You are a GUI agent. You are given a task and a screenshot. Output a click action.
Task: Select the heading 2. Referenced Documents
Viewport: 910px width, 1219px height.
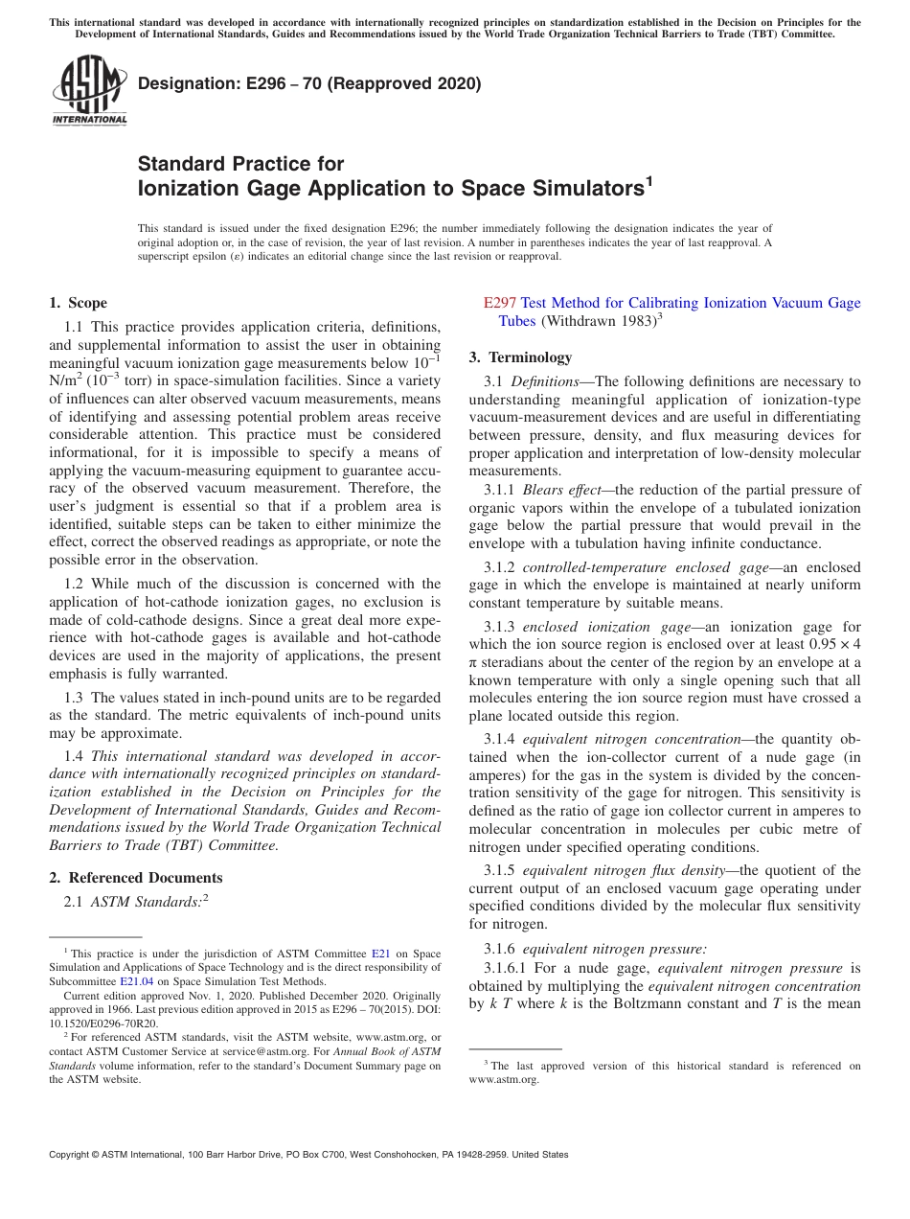(135, 878)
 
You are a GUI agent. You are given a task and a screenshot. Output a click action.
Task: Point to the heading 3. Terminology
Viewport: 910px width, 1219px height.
(520, 357)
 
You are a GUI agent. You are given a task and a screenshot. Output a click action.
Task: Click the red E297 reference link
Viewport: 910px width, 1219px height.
(500, 303)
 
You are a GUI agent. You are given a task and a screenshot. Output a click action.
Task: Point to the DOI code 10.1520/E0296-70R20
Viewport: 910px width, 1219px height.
(103, 1023)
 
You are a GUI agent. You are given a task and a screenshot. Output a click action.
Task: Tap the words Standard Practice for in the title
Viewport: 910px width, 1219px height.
(240, 164)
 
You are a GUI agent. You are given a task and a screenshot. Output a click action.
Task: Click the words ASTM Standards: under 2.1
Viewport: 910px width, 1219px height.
(146, 902)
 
